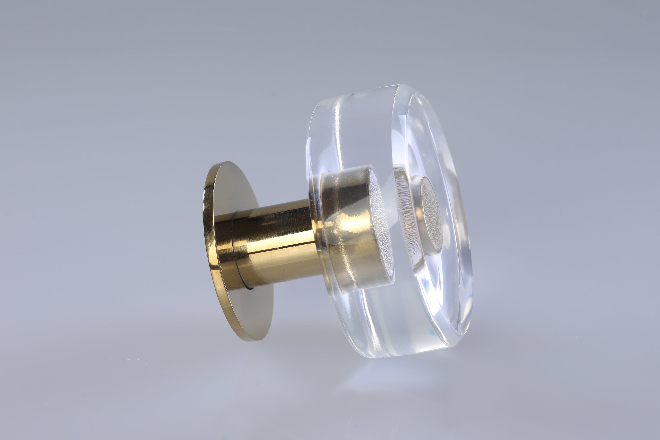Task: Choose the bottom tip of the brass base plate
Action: click(x=257, y=340)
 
